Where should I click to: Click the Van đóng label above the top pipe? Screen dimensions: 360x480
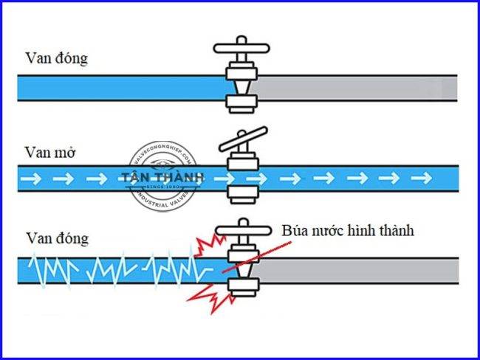56,58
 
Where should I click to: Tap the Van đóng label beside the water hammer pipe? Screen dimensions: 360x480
56,238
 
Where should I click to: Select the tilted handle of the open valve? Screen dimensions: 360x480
242,139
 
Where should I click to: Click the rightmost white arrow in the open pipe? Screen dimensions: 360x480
422,178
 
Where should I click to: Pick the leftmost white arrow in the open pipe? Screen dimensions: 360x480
32,178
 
